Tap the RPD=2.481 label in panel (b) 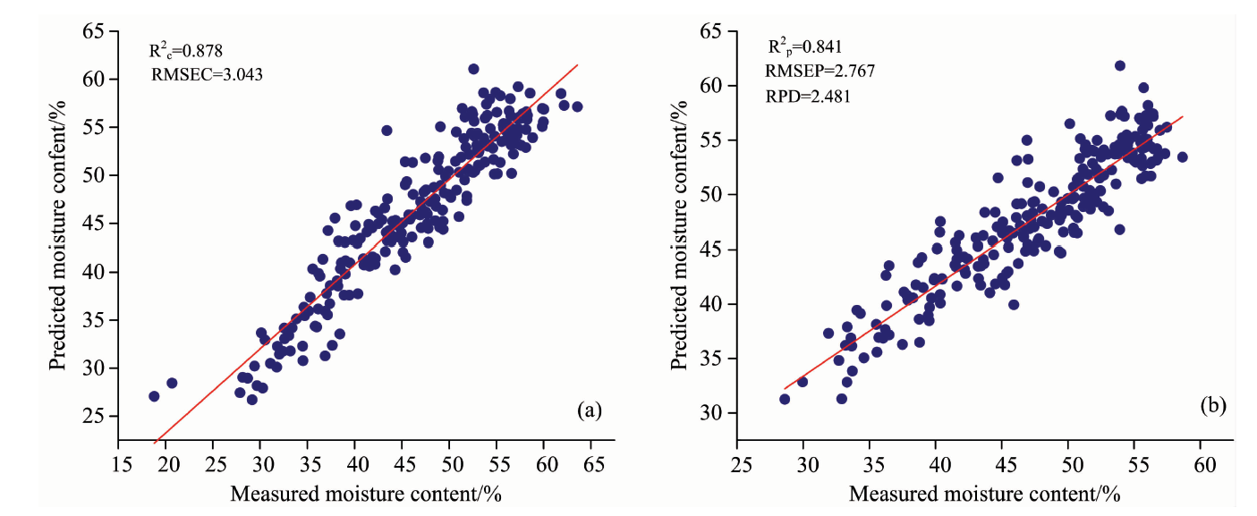pyautogui.click(x=802, y=96)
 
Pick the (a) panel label pyautogui.click(x=590, y=410)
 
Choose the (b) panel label pyautogui.click(x=1212, y=405)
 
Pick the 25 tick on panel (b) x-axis pyautogui.click(x=738, y=464)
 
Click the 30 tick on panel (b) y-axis pyautogui.click(x=709, y=413)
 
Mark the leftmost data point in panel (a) pyautogui.click(x=154, y=396)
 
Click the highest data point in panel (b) pyautogui.click(x=1119, y=65)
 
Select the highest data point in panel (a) pyautogui.click(x=473, y=69)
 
